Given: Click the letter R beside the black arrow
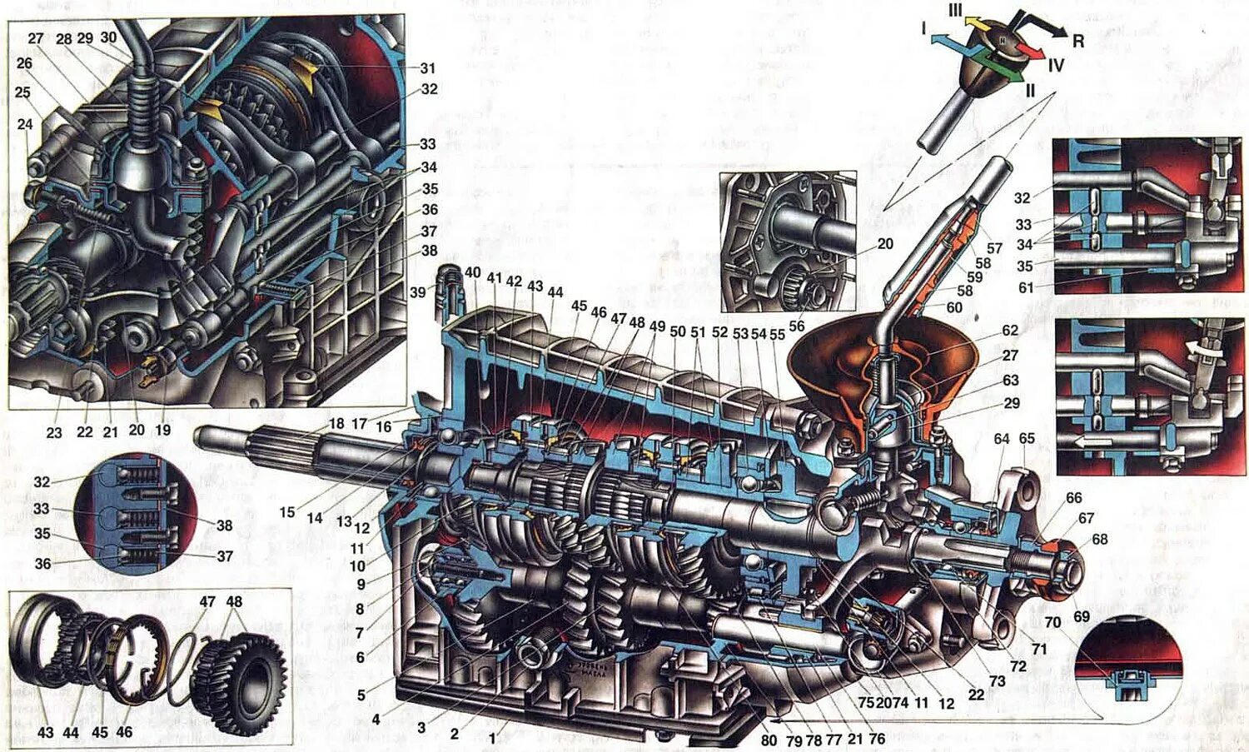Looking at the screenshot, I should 1078,41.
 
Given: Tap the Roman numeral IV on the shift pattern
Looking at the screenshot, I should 1056,65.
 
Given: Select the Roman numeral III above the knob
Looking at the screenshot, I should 955,11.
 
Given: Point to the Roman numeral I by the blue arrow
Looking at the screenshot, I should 923,27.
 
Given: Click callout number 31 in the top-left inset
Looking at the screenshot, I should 427,68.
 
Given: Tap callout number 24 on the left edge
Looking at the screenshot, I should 25,124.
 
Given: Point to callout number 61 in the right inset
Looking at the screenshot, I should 1026,287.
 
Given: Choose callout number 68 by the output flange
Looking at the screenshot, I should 1099,539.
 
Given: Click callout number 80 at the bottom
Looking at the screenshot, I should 769,740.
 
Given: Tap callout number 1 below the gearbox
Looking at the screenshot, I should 492,738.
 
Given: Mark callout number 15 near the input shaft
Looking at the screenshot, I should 287,512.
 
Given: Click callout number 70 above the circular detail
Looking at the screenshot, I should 1052,622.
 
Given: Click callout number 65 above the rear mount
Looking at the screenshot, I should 1027,438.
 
